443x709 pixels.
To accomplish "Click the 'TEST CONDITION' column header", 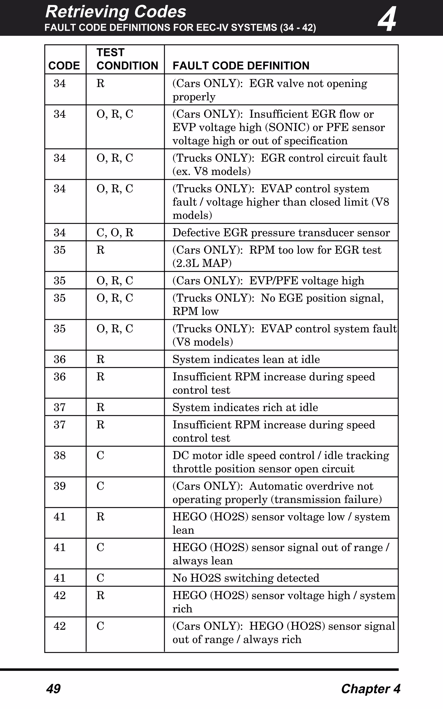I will (127, 59).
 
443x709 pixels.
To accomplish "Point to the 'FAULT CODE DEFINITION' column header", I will (241, 66).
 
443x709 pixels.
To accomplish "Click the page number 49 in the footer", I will (53, 689).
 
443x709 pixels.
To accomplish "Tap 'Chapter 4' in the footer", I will (371, 689).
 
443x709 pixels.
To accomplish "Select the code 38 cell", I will (59, 455).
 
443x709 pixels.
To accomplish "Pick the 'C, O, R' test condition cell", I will (115, 233).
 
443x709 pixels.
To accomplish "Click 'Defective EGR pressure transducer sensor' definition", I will (281, 233).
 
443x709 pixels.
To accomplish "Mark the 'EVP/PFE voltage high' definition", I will (307, 281).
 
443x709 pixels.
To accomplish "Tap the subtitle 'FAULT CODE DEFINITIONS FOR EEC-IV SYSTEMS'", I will (161, 27).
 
